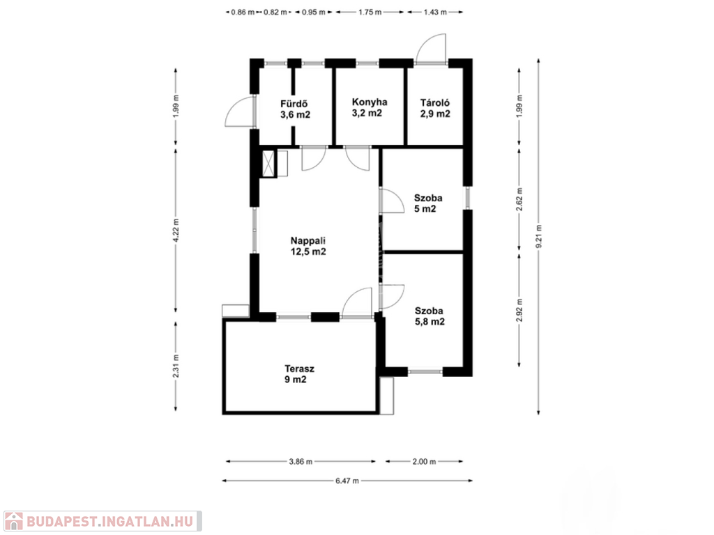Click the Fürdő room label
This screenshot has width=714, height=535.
pyautogui.click(x=295, y=109)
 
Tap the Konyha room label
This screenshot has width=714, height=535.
pyautogui.click(x=370, y=107)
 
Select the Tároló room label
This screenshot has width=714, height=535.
pyautogui.click(x=435, y=108)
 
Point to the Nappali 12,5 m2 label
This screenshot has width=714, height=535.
pyautogui.click(x=308, y=246)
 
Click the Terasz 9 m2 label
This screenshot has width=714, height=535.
pyautogui.click(x=299, y=374)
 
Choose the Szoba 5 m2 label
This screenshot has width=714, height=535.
pyautogui.click(x=428, y=203)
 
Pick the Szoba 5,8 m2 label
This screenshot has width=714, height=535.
pyautogui.click(x=430, y=316)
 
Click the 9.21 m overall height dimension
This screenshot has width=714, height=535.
pyautogui.click(x=539, y=237)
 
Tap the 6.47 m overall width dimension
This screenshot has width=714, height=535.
pyautogui.click(x=347, y=481)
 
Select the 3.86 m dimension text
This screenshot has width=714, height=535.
pyautogui.click(x=301, y=461)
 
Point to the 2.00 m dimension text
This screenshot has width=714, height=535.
pyautogui.click(x=424, y=461)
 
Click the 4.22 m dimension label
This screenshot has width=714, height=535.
pyautogui.click(x=176, y=230)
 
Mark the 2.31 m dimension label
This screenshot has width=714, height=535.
pyautogui.click(x=176, y=366)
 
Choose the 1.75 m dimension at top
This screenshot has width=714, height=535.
pyautogui.click(x=370, y=13)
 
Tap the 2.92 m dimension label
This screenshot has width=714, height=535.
pyautogui.click(x=519, y=310)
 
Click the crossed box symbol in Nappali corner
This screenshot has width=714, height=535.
pyautogui.click(x=269, y=162)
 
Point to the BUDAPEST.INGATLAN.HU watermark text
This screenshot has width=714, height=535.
pyautogui.click(x=109, y=521)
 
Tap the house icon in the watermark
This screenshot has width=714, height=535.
pyautogui.click(x=13, y=521)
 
